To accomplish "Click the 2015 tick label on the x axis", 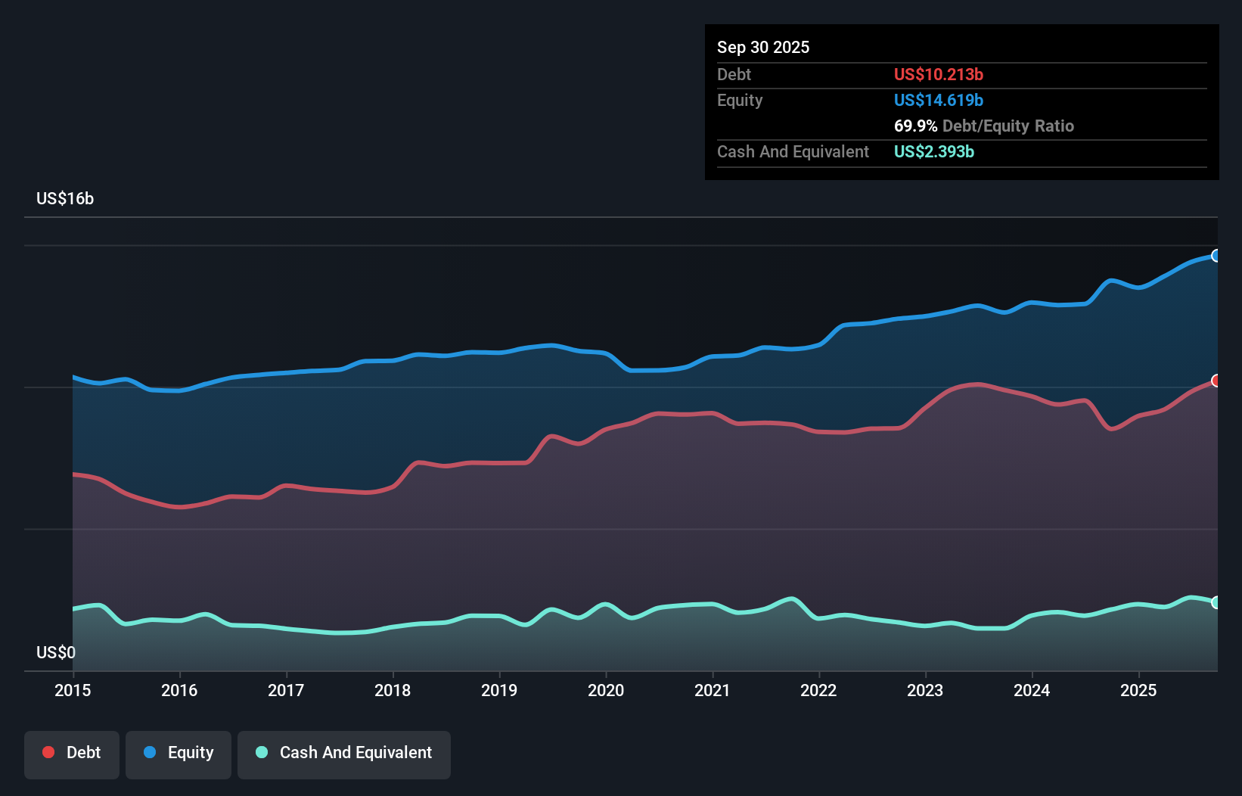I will pyautogui.click(x=73, y=690).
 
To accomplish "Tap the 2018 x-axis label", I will pyautogui.click(x=393, y=690).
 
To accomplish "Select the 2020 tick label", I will pyautogui.click(x=606, y=690).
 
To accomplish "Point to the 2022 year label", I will pyautogui.click(x=818, y=690).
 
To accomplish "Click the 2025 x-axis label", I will pyautogui.click(x=1138, y=690).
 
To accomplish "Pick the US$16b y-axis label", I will pyautogui.click(x=65, y=198).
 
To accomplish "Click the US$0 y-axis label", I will pyautogui.click(x=56, y=652).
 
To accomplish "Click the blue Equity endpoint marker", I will pyautogui.click(x=1216, y=256).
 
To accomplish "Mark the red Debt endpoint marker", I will pyautogui.click(x=1216, y=381).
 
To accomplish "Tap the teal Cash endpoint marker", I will pyautogui.click(x=1216, y=602).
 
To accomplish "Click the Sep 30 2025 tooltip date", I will pyautogui.click(x=763, y=47).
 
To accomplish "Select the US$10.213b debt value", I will pyautogui.click(x=938, y=74).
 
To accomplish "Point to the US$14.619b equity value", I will pyautogui.click(x=938, y=100).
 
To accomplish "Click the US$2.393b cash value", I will pyautogui.click(x=933, y=151).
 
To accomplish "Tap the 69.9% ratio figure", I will pyautogui.click(x=915, y=126).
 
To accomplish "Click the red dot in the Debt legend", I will pyautogui.click(x=48, y=752).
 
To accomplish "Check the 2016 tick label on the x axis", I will pyautogui.click(x=179, y=690).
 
